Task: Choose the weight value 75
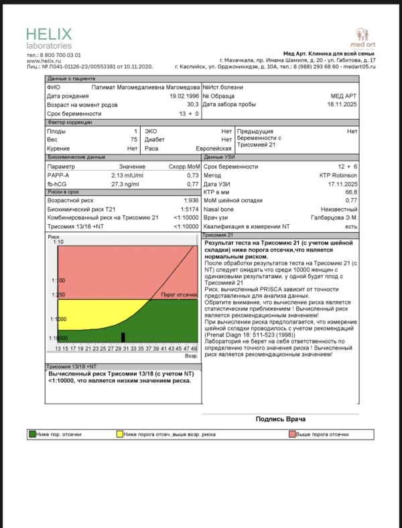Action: click(134, 140)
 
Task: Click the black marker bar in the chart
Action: click(123, 337)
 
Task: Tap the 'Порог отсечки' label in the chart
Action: click(179, 294)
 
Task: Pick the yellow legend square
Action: click(120, 434)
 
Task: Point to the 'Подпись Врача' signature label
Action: click(281, 419)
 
